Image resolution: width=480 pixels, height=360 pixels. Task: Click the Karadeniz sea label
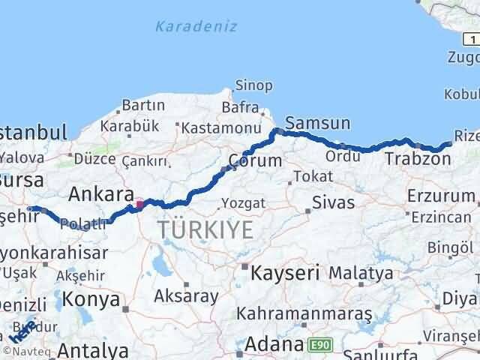(196, 26)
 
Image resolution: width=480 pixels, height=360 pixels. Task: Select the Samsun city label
(317, 122)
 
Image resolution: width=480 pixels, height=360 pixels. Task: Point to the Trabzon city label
(418, 158)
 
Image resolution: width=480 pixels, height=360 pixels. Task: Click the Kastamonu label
(215, 129)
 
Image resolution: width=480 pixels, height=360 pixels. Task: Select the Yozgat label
(243, 202)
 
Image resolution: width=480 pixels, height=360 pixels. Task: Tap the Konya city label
(91, 299)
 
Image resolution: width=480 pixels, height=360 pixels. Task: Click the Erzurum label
(441, 196)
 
